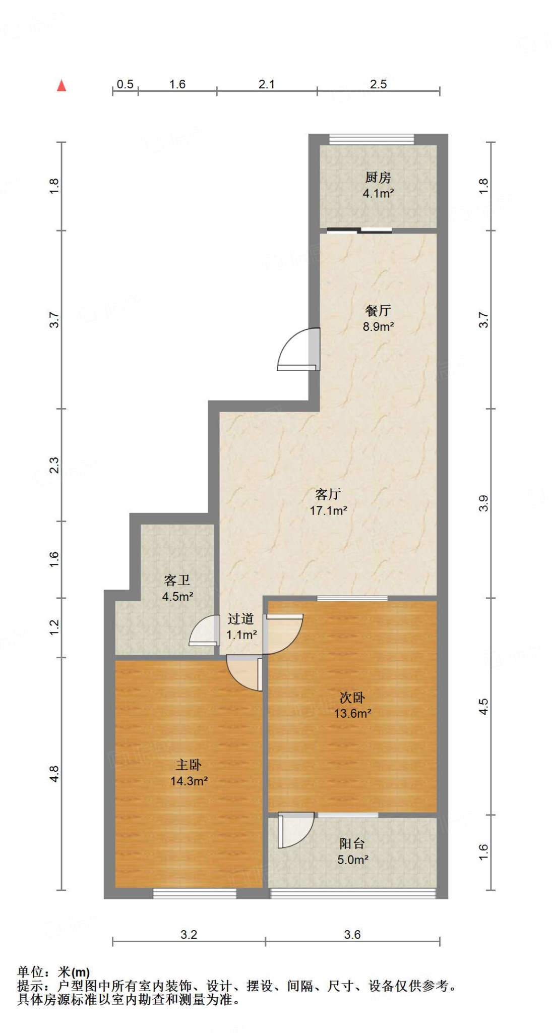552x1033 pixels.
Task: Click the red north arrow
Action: [62, 86]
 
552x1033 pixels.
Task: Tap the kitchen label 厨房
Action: [378, 178]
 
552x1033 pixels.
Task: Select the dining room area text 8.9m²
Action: [378, 326]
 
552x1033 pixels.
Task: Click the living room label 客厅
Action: [328, 494]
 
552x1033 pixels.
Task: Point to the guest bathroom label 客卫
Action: [177, 580]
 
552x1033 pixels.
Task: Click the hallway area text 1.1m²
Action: [241, 635]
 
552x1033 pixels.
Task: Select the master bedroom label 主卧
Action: [189, 765]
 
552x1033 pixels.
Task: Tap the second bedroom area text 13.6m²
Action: [352, 713]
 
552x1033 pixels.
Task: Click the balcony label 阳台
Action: [352, 843]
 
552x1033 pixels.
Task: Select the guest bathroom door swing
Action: [204, 632]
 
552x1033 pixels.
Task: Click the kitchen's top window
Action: [372, 139]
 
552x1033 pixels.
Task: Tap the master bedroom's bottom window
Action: [195, 894]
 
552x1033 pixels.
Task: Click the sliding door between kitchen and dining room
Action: [359, 231]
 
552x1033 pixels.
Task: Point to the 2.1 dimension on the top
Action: [266, 84]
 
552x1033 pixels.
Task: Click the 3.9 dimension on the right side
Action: [483, 503]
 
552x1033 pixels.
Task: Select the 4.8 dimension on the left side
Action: [54, 774]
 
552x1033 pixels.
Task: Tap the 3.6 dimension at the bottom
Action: [352, 935]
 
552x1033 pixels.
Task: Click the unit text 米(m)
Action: [74, 972]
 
